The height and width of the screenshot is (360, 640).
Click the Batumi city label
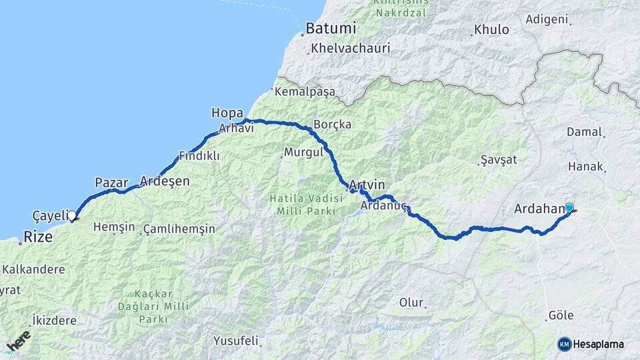[331, 29]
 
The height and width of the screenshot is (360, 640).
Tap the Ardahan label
[539, 209]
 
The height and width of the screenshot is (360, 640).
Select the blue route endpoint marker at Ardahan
[569, 207]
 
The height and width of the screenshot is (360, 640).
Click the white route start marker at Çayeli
[72, 215]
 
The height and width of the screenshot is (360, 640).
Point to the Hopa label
[226, 112]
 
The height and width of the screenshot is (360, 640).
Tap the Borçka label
[332, 125]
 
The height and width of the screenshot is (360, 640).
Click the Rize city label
[38, 237]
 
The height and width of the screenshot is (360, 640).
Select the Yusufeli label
[235, 341]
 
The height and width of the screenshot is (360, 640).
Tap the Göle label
[560, 315]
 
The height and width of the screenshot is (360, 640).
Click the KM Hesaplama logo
[591, 344]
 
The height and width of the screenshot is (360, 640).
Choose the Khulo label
[491, 30]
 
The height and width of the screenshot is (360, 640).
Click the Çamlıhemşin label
[179, 229]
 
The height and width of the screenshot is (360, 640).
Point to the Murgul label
[303, 152]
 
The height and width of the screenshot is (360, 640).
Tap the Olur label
[411, 303]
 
